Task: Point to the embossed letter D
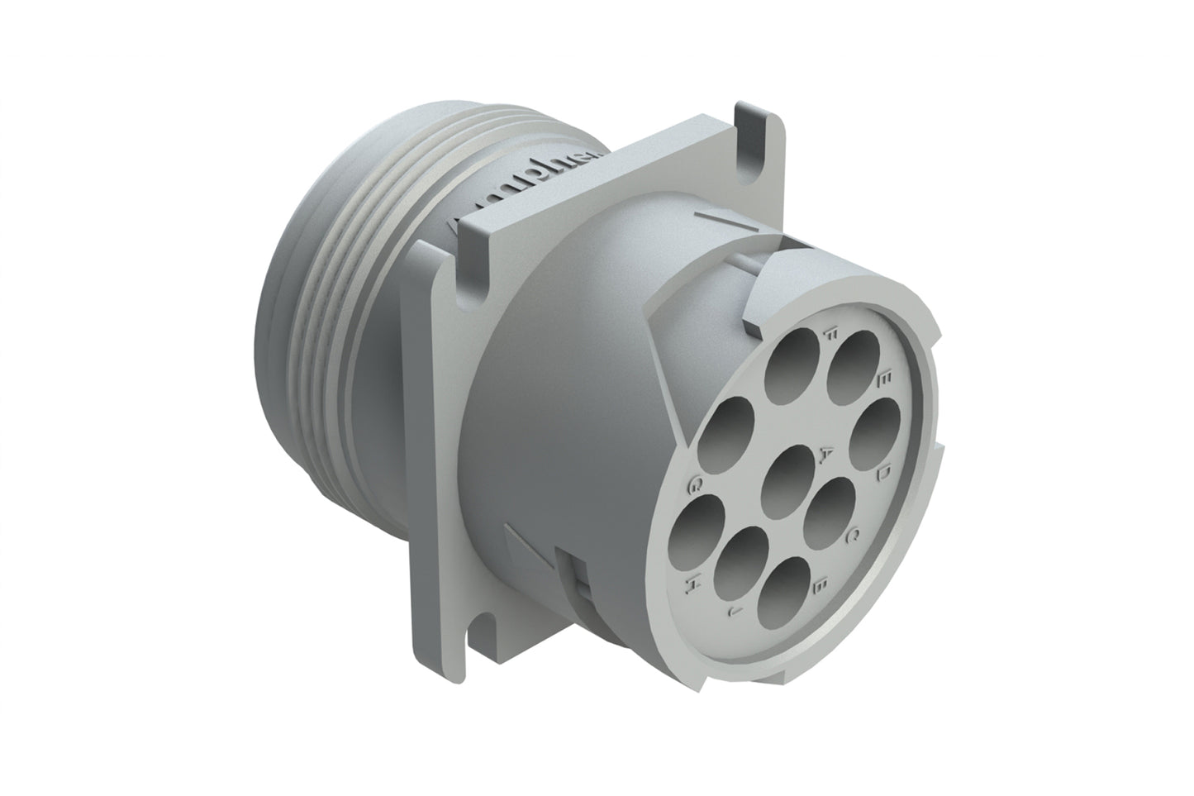[882, 474]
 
